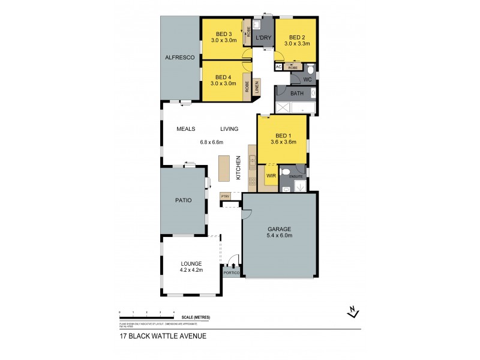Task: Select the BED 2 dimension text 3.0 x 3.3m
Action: coord(296,43)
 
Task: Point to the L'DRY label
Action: coord(263,38)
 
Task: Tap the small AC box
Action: coord(278,67)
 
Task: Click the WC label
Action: coord(307,79)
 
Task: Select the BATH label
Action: coord(297,94)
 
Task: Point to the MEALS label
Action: coord(187,129)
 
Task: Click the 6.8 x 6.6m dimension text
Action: coord(211,143)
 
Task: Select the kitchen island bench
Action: coord(224,169)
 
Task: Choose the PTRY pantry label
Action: coord(226,196)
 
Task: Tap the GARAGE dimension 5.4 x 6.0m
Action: coord(280,236)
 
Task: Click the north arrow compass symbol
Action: coord(353,311)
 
